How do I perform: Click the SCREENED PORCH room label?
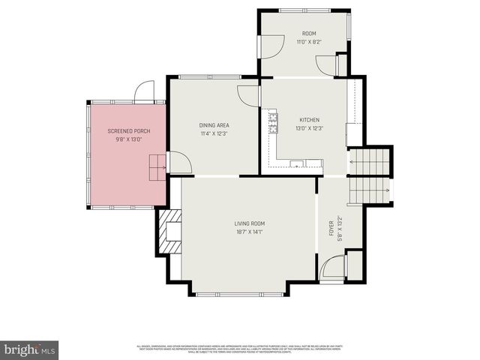pos(128,131)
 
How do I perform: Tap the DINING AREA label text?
pos(214,125)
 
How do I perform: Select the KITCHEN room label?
pos(310,120)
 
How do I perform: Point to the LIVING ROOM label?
pos(249,223)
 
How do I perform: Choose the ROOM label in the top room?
pos(309,34)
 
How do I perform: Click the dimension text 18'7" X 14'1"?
pos(249,232)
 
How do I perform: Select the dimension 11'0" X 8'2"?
pos(309,43)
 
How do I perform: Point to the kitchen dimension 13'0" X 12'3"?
pos(310,128)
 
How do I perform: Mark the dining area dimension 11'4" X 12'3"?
pos(214,133)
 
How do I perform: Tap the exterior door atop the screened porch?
pos(143,93)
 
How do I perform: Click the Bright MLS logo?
pos(30,349)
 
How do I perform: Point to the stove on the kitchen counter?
pos(273,121)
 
